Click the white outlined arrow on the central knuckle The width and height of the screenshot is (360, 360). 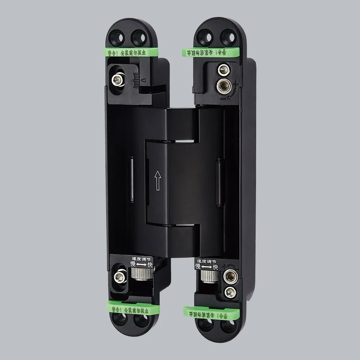[157, 180]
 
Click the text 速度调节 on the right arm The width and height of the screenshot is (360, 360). [206, 261]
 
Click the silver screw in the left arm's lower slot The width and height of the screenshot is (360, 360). [119, 277]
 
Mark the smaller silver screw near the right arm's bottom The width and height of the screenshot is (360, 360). [229, 291]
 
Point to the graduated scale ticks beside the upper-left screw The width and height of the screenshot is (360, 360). [136, 80]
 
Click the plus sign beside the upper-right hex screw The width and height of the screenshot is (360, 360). [236, 85]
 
